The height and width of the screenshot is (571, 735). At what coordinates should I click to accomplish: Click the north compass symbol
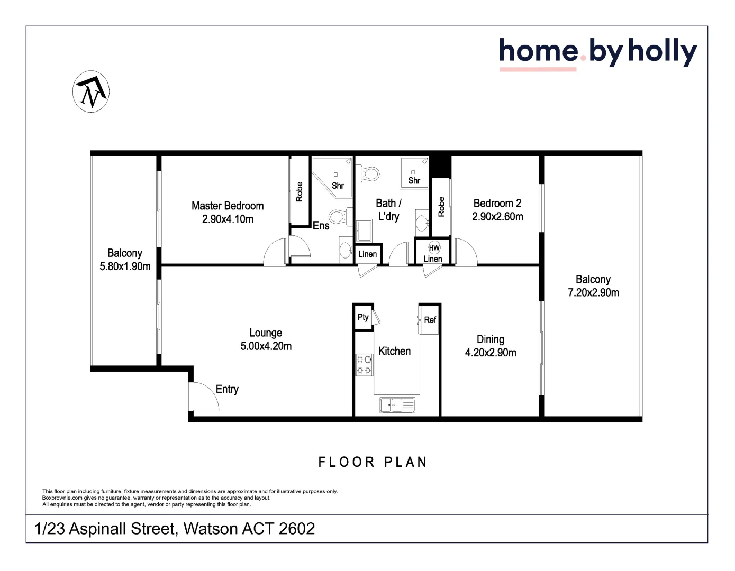pyautogui.click(x=91, y=91)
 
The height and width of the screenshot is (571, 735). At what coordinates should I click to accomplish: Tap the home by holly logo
pyautogui.click(x=597, y=52)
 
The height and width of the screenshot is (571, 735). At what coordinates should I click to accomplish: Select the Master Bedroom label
pyautogui.click(x=228, y=206)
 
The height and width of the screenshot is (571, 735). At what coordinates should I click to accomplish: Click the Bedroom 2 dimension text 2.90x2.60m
pyautogui.click(x=497, y=217)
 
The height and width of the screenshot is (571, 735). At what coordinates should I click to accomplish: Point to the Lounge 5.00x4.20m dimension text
pyautogui.click(x=266, y=346)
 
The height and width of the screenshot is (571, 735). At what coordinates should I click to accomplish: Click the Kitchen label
pyautogui.click(x=394, y=351)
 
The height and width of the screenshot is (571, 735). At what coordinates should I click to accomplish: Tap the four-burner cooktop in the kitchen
pyautogui.click(x=364, y=365)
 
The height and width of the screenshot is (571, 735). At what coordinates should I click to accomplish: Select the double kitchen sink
pyautogui.click(x=397, y=406)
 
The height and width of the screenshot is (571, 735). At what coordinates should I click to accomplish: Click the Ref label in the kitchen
pyautogui.click(x=430, y=320)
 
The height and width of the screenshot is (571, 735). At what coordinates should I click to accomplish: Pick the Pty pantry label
pyautogui.click(x=363, y=317)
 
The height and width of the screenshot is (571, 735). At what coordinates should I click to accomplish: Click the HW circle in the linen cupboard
pyautogui.click(x=434, y=248)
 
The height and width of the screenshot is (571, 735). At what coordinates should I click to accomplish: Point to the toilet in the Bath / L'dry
pyautogui.click(x=370, y=173)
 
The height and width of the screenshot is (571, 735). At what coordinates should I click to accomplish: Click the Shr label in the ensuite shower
pyautogui.click(x=338, y=186)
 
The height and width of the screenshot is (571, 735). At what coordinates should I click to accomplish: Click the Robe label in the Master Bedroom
pyautogui.click(x=300, y=191)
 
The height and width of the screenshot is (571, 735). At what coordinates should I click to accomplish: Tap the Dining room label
pyautogui.click(x=491, y=339)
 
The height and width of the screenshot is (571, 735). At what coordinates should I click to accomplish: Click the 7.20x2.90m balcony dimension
pyautogui.click(x=593, y=293)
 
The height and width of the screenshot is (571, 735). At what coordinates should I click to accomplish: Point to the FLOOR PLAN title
pyautogui.click(x=373, y=462)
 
